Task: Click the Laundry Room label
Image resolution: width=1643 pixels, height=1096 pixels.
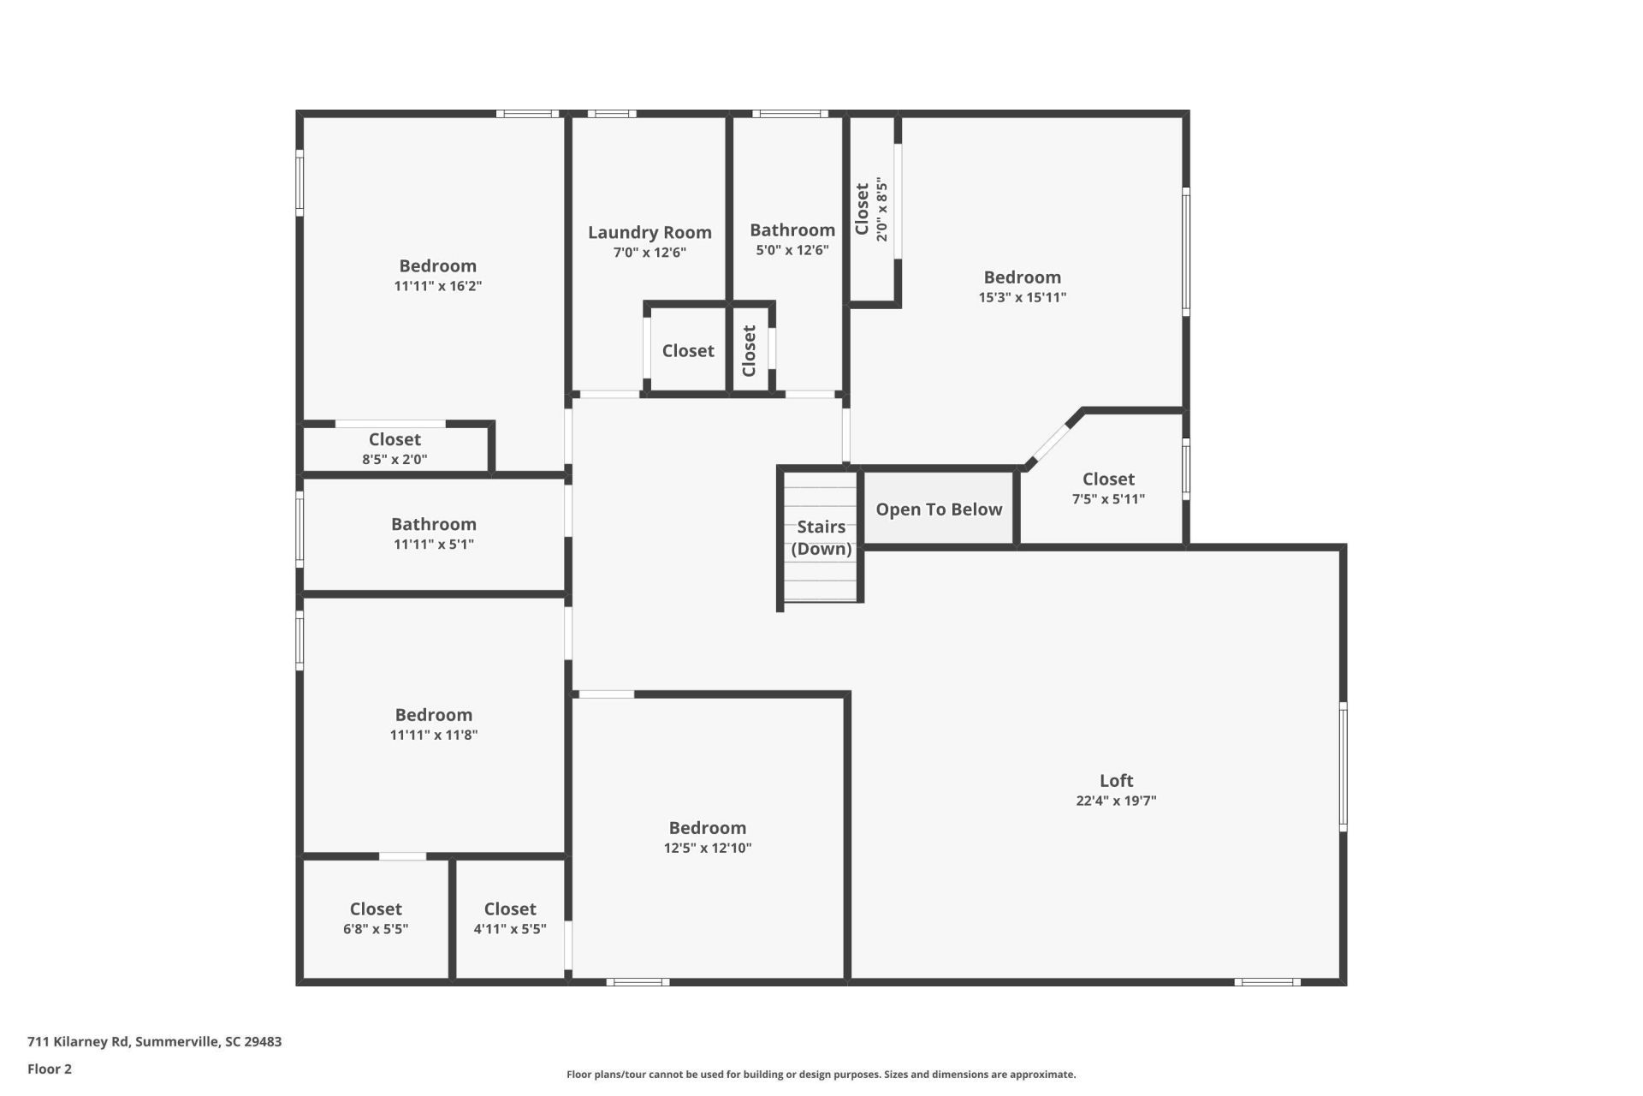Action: point(649,232)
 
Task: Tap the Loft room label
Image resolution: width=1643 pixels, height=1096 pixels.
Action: point(1116,781)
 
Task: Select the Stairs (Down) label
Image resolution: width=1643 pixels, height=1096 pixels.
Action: point(821,538)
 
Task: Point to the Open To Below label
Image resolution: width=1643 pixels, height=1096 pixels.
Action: point(939,509)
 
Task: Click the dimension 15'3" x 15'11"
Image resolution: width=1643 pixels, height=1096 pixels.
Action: point(1023,298)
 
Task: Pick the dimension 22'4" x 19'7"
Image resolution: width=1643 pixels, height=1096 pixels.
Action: point(1116,801)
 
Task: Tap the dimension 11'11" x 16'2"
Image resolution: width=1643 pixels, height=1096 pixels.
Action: point(437,286)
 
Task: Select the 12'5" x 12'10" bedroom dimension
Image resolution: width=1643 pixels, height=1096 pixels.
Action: point(708,849)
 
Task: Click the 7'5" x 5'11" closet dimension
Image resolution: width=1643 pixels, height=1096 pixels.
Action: point(1108,499)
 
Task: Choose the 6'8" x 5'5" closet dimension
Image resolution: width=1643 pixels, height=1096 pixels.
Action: point(376,929)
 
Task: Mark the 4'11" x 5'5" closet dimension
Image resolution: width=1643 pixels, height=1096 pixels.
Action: point(510,929)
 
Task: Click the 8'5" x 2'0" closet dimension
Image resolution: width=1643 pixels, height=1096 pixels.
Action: point(394,459)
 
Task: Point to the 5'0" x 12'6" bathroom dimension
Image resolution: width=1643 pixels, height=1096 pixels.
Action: point(792,251)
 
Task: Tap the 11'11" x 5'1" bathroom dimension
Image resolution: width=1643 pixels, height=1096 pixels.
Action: point(434,545)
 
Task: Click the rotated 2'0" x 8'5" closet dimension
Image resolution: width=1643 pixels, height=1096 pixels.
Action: point(882,210)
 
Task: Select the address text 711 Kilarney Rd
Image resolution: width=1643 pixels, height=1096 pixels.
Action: point(79,1042)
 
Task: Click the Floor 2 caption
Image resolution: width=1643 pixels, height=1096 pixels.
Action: point(50,1069)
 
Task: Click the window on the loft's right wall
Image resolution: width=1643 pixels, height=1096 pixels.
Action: point(1343,766)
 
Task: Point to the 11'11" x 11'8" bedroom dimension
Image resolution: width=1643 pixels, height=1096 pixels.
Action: point(434,736)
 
